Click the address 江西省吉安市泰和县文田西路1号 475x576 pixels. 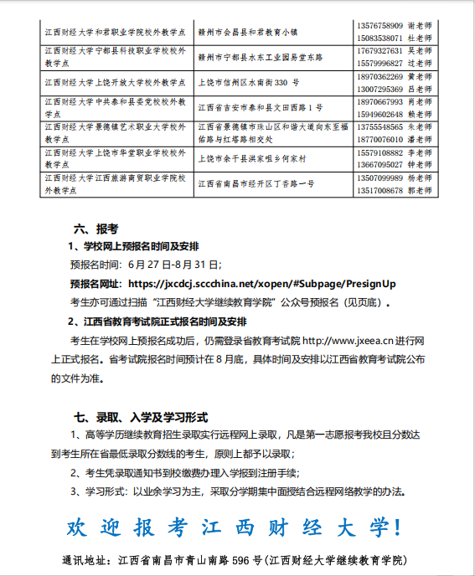pos(261,108)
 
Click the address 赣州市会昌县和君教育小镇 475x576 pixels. pos(248,32)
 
